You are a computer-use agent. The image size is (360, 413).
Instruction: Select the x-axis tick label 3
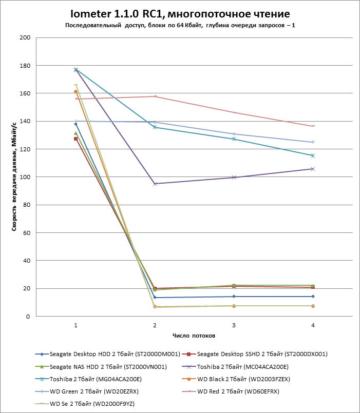(x=234, y=325)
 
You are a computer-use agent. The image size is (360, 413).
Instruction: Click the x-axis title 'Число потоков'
(x=194, y=336)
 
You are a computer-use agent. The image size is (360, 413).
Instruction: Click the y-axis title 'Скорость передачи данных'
(x=14, y=177)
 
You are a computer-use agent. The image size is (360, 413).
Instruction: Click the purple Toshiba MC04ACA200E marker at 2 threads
(x=155, y=184)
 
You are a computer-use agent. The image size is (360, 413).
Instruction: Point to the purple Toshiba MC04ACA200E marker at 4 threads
(x=313, y=169)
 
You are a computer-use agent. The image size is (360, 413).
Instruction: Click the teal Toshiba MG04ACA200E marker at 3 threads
(x=234, y=139)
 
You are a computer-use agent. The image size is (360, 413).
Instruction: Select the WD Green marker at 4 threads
(x=313, y=142)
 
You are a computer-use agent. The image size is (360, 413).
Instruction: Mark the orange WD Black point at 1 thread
(x=76, y=92)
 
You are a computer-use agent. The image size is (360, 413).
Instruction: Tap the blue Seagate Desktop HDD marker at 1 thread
(x=76, y=124)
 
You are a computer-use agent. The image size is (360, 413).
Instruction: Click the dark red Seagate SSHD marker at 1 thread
(x=76, y=139)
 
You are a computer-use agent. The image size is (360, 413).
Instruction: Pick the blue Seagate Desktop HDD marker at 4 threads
(x=313, y=297)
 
